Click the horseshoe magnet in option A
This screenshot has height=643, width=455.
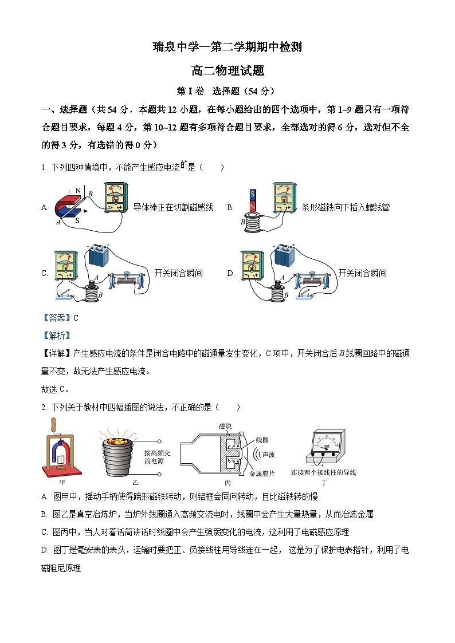[64, 205]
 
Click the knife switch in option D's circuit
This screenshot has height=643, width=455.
[317, 295]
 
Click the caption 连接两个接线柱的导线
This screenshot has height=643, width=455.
[323, 473]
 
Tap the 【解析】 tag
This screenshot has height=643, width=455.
[56, 336]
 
